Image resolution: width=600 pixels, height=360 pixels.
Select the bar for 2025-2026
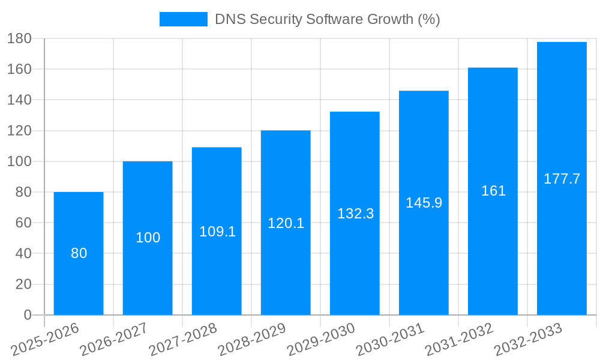click(x=79, y=282)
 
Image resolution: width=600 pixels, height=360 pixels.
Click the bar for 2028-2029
click(x=286, y=264)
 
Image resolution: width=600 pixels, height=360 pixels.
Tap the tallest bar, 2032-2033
click(x=562, y=240)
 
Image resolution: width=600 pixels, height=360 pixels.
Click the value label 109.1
click(x=217, y=232)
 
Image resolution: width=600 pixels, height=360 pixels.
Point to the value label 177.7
click(x=562, y=179)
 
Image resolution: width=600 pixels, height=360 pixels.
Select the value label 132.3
click(x=355, y=214)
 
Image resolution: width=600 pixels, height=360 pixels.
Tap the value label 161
click(x=493, y=191)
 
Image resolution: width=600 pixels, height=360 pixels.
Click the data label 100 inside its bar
click(x=148, y=238)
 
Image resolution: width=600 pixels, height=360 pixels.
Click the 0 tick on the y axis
click(x=27, y=315)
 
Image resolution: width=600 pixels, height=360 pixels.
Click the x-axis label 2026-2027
click(x=114, y=340)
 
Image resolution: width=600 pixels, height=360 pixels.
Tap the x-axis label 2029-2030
click(x=321, y=340)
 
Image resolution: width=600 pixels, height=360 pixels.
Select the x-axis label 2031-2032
click(x=459, y=340)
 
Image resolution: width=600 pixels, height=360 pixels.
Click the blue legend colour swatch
click(x=183, y=19)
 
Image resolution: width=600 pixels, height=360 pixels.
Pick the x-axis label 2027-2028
click(x=183, y=340)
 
